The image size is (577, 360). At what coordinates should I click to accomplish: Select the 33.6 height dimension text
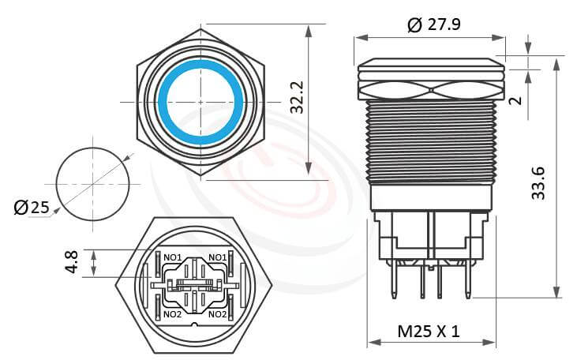[539, 183]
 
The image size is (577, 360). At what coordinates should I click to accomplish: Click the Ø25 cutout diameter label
[32, 208]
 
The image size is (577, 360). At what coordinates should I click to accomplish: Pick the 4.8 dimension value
[72, 263]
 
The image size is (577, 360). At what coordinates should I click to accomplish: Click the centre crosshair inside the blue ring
[201, 102]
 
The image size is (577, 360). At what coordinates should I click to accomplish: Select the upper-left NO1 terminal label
[173, 257]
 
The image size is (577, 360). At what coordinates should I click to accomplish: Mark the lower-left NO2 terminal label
[173, 314]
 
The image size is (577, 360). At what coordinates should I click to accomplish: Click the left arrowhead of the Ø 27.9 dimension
[360, 37]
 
